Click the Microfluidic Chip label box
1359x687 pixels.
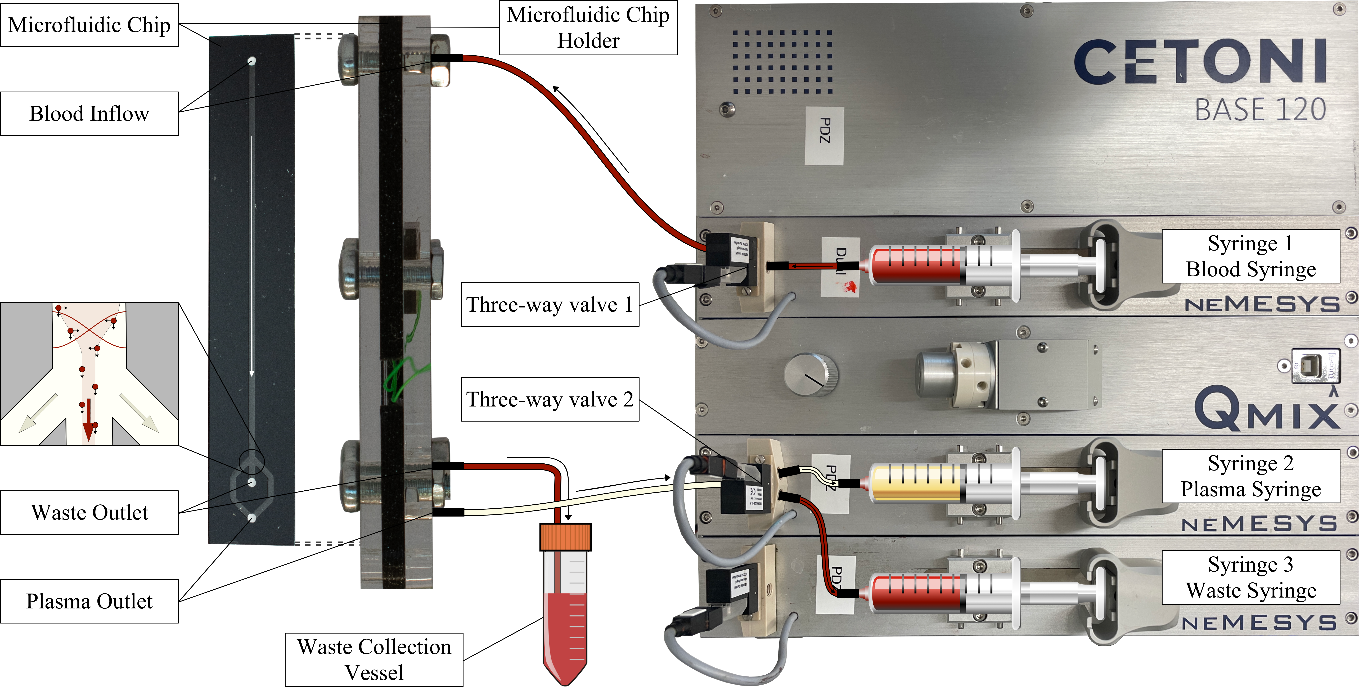[89, 25]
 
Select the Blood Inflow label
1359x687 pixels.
[89, 114]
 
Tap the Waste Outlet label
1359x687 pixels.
[89, 512]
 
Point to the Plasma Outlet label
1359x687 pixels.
[89, 601]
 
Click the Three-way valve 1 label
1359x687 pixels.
[550, 304]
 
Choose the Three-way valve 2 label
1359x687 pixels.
[550, 399]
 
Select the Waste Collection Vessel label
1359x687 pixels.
[374, 659]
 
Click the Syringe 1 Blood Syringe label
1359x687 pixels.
[1250, 256]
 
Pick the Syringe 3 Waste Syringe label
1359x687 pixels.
[1250, 577]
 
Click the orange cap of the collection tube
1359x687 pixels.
[565, 537]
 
